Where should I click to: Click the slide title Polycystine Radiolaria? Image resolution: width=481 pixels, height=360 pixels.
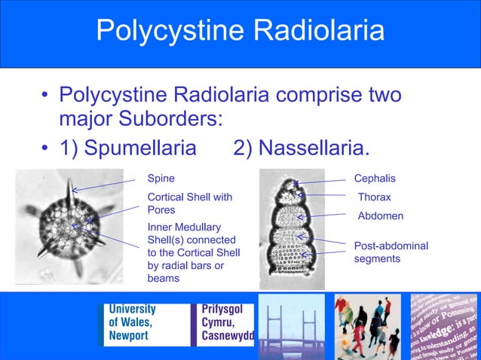pyautogui.click(x=240, y=31)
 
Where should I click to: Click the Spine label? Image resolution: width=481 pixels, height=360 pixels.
pyautogui.click(x=161, y=178)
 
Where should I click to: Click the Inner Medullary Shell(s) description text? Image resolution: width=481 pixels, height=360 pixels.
pyautogui.click(x=193, y=252)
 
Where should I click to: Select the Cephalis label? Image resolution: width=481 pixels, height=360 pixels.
pyautogui.click(x=375, y=178)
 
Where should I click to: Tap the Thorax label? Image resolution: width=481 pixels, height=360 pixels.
pyautogui.click(x=374, y=197)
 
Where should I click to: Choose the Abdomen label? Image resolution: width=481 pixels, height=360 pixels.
pyautogui.click(x=380, y=216)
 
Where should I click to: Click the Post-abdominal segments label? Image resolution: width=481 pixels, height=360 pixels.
pyautogui.click(x=391, y=252)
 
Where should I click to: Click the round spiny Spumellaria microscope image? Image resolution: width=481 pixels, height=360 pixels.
pyautogui.click(x=70, y=224)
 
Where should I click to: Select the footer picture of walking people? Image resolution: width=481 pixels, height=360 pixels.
pyautogui.click(x=368, y=326)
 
